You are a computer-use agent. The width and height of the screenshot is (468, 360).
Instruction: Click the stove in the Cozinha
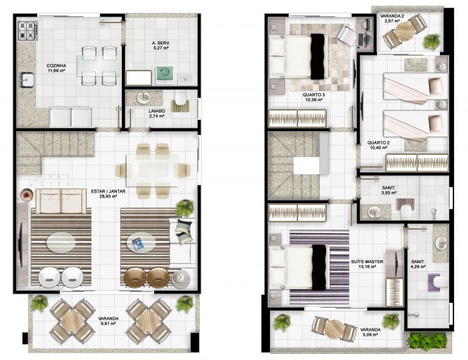coord(28,30)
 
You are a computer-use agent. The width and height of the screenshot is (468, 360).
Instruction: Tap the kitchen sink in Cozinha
coord(27,80)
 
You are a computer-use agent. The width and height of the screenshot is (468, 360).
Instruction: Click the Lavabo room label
coord(157,111)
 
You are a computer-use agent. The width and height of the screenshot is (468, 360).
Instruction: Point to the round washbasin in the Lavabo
coord(144,98)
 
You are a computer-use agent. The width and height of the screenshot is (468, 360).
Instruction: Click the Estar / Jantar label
coord(108,191)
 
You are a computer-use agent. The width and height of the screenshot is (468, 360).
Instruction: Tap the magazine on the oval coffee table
coord(138,243)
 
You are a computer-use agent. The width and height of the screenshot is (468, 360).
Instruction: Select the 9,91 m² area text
coord(108,323)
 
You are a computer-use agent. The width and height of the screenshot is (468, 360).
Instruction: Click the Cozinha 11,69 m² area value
coord(57,71)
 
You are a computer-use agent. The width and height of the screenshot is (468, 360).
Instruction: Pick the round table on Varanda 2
coord(405,31)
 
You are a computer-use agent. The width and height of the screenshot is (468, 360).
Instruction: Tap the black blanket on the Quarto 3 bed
coord(317,57)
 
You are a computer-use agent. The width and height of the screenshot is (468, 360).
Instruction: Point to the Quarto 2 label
coord(378,143)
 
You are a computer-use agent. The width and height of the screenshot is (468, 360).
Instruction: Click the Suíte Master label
coord(367,261)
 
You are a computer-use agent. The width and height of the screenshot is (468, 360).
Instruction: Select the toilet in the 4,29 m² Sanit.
coord(440,283)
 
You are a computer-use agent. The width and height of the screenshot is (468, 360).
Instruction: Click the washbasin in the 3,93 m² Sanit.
coord(374,212)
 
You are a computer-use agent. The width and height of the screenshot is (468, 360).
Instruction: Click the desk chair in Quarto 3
coord(346,35)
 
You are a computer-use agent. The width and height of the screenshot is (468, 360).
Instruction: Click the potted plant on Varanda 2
coord(431,41)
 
